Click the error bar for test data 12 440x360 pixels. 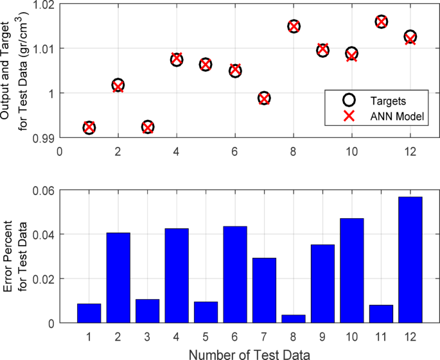[410, 260]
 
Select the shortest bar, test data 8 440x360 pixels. [294, 319]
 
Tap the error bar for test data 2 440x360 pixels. [118, 278]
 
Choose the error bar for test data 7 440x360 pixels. [264, 290]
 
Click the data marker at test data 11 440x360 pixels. [381, 22]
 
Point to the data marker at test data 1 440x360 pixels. [89, 128]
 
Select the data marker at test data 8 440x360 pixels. [294, 26]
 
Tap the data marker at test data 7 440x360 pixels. [264, 98]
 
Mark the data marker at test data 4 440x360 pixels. [177, 59]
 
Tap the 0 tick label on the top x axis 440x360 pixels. [60, 152]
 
